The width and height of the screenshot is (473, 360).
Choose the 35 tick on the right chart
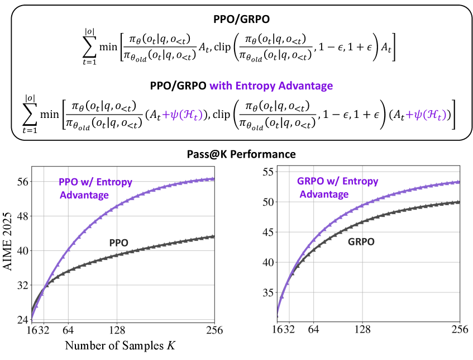click(x=269, y=292)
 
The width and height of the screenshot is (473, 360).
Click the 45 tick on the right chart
click(x=269, y=231)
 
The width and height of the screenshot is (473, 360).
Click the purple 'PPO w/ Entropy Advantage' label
click(x=84, y=188)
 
